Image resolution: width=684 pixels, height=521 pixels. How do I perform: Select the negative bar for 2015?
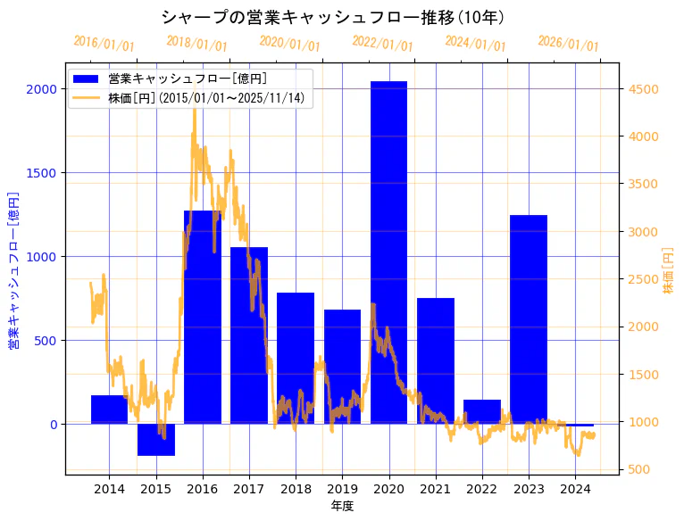[x=156, y=440]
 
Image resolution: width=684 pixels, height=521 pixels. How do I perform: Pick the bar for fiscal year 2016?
[x=203, y=317]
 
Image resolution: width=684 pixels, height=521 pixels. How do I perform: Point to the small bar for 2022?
[x=482, y=412]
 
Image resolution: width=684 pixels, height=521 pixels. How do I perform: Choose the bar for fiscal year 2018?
[x=296, y=358]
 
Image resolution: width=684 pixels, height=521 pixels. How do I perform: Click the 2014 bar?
[x=109, y=409]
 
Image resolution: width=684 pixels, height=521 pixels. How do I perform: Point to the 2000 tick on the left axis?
[x=42, y=89]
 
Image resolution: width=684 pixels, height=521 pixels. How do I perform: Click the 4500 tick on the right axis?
[x=644, y=89]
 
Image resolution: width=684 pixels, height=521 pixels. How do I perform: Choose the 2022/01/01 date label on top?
[x=382, y=44]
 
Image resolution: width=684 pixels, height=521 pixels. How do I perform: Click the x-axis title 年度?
[x=342, y=506]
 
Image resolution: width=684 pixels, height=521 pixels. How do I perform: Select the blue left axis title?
[x=13, y=270]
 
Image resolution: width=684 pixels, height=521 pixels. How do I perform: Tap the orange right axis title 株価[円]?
[x=668, y=270]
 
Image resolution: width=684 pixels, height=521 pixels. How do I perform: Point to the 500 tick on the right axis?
[x=640, y=470]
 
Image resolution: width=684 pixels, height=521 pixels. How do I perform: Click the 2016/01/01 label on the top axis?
[x=104, y=44]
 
